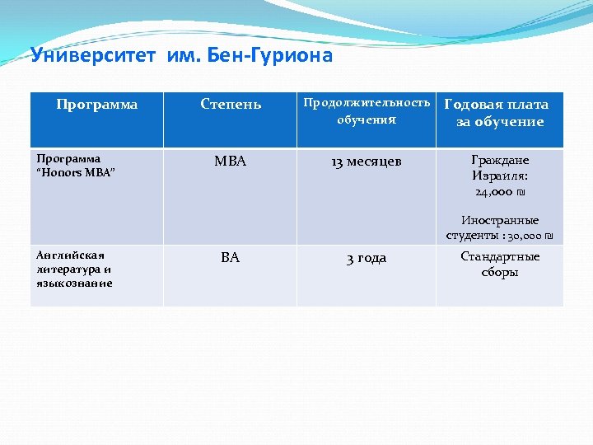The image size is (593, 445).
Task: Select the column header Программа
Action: click(96, 105)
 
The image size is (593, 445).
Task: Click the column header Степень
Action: click(231, 105)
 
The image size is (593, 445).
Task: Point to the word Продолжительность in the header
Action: click(367, 103)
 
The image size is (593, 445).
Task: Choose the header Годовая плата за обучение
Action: click(497, 113)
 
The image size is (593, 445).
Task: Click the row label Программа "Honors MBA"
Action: click(74, 165)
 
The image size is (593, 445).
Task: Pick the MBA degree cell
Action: click(231, 162)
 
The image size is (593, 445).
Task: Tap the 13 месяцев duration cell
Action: click(367, 162)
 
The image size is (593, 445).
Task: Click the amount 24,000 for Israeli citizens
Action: click(493, 192)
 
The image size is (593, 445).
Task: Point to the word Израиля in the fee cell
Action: click(500, 176)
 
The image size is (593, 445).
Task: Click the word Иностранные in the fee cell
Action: click(500, 220)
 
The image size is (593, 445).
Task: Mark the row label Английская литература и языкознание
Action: click(73, 269)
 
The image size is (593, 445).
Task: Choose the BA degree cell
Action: click(231, 258)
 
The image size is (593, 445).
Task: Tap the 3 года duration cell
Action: click(367, 258)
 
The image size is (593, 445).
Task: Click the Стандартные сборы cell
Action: click(500, 265)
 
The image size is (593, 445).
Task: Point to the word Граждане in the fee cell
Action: click(500, 160)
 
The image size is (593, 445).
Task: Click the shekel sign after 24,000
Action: click(521, 192)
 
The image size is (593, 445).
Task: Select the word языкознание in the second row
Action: click(73, 283)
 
